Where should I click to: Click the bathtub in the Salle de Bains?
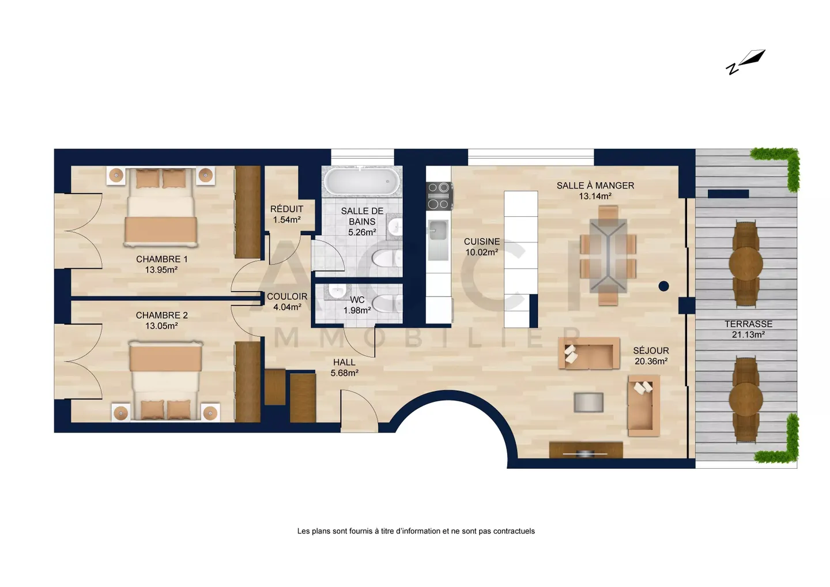362,181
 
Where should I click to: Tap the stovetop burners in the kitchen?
439,196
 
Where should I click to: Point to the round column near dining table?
663,286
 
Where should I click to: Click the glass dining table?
608,255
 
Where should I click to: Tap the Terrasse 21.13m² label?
748,329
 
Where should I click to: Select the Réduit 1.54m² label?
287,214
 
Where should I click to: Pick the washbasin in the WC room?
337,291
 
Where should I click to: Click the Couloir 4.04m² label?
287,302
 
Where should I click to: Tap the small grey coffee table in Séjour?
588,402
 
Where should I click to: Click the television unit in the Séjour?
586,450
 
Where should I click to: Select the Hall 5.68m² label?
344,368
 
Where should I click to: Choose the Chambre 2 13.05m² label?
161,321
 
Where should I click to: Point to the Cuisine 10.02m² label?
482,247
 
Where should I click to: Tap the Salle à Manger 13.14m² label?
595,191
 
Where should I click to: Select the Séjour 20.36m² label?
651,356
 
